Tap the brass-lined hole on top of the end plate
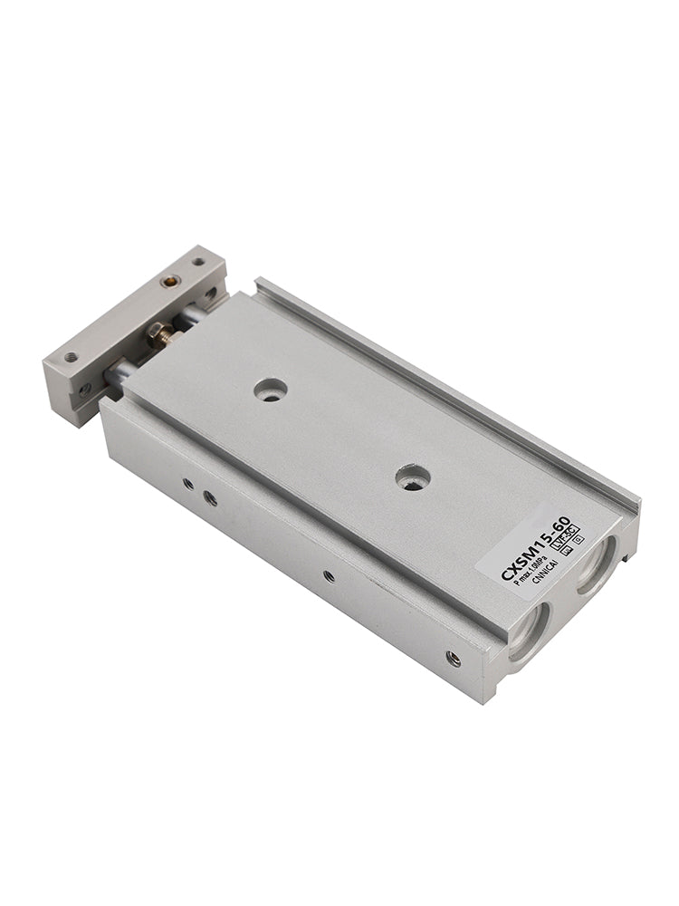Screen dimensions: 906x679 (x=168, y=281)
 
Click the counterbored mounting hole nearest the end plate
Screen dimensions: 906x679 (x=270, y=390)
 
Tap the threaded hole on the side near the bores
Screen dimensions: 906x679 (x=453, y=659)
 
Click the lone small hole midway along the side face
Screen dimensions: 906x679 (x=328, y=575)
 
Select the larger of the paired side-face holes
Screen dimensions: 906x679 (x=209, y=497)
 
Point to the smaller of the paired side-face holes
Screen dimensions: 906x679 (x=187, y=484)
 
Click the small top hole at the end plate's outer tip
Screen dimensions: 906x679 (x=70, y=357)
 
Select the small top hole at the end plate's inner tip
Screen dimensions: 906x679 (x=198, y=262)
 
